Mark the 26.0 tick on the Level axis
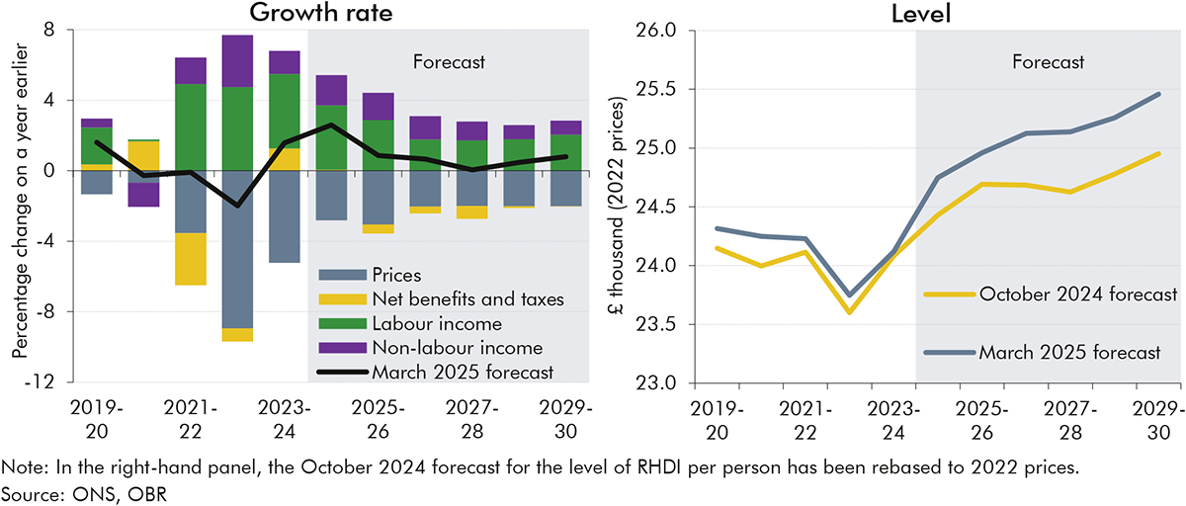pyautogui.click(x=658, y=31)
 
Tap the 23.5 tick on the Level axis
pyautogui.click(x=658, y=324)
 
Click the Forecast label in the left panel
pyautogui.click(x=448, y=63)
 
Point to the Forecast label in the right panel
pyautogui.click(x=1048, y=62)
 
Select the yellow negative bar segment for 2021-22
pyautogui.click(x=191, y=259)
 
